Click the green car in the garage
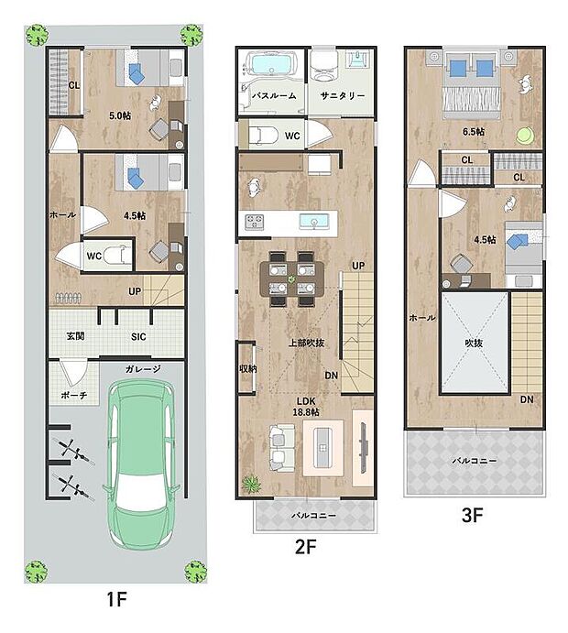tap(140, 464)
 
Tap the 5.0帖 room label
tap(120, 115)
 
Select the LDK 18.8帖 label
tap(306, 407)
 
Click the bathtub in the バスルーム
tap(271, 64)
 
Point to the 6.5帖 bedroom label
tap(474, 132)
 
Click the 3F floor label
tap(473, 515)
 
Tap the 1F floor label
tap(117, 599)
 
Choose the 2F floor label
tap(306, 547)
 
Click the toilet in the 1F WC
tap(116, 256)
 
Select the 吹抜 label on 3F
tap(474, 344)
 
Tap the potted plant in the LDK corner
tap(251, 484)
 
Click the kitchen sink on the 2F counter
tap(313, 222)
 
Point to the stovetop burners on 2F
tap(255, 222)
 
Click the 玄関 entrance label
tap(75, 336)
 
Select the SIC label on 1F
tap(138, 337)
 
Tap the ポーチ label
tap(74, 395)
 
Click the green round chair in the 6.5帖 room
tap(525, 135)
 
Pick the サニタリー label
tap(343, 95)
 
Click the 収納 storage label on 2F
tap(248, 368)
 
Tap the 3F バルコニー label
tap(474, 460)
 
